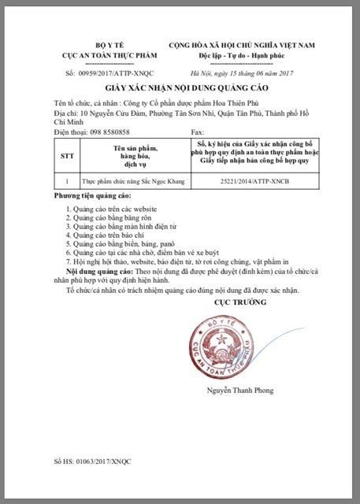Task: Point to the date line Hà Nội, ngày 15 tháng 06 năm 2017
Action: [248, 72]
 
